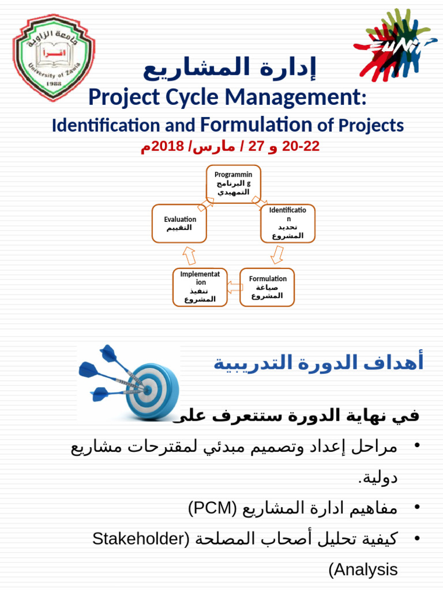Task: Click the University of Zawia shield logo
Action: [x=53, y=58]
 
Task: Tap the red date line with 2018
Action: [x=230, y=146]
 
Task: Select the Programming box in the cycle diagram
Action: [x=234, y=184]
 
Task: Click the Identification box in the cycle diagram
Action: [x=288, y=223]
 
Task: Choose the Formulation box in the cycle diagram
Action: [x=267, y=287]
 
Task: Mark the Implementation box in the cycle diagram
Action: [x=200, y=287]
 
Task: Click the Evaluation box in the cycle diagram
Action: [x=179, y=223]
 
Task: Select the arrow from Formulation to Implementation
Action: [x=234, y=286]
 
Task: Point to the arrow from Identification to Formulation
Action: [x=277, y=254]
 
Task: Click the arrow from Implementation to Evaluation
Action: [x=189, y=255]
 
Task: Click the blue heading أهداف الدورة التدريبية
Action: [x=318, y=363]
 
